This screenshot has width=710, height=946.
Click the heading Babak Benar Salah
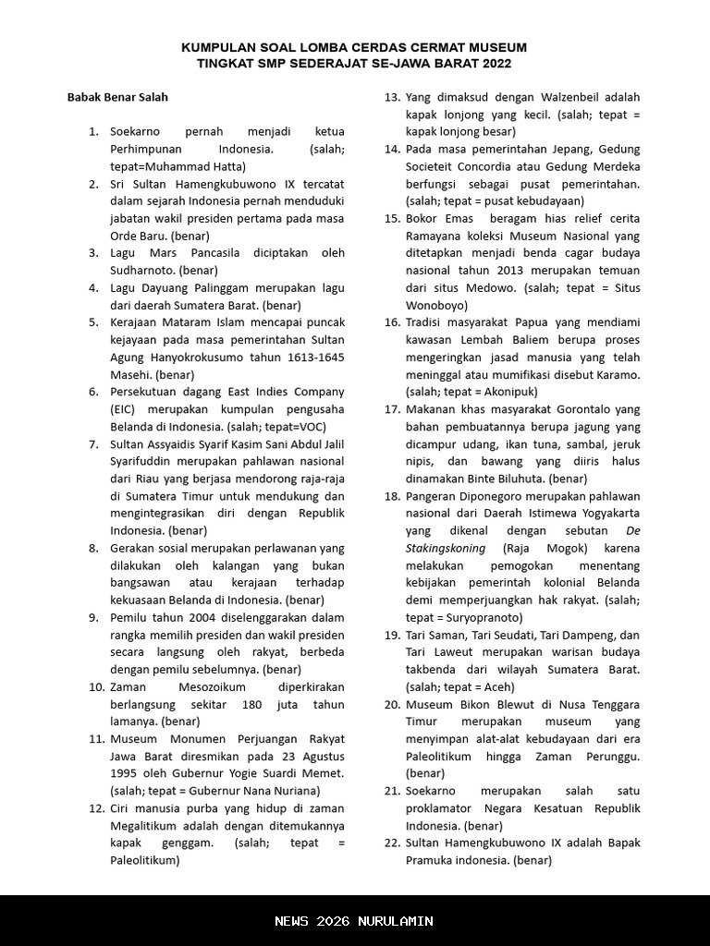tap(117, 97)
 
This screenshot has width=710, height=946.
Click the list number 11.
tap(96, 739)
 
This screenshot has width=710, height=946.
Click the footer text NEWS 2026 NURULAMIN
tap(354, 921)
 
